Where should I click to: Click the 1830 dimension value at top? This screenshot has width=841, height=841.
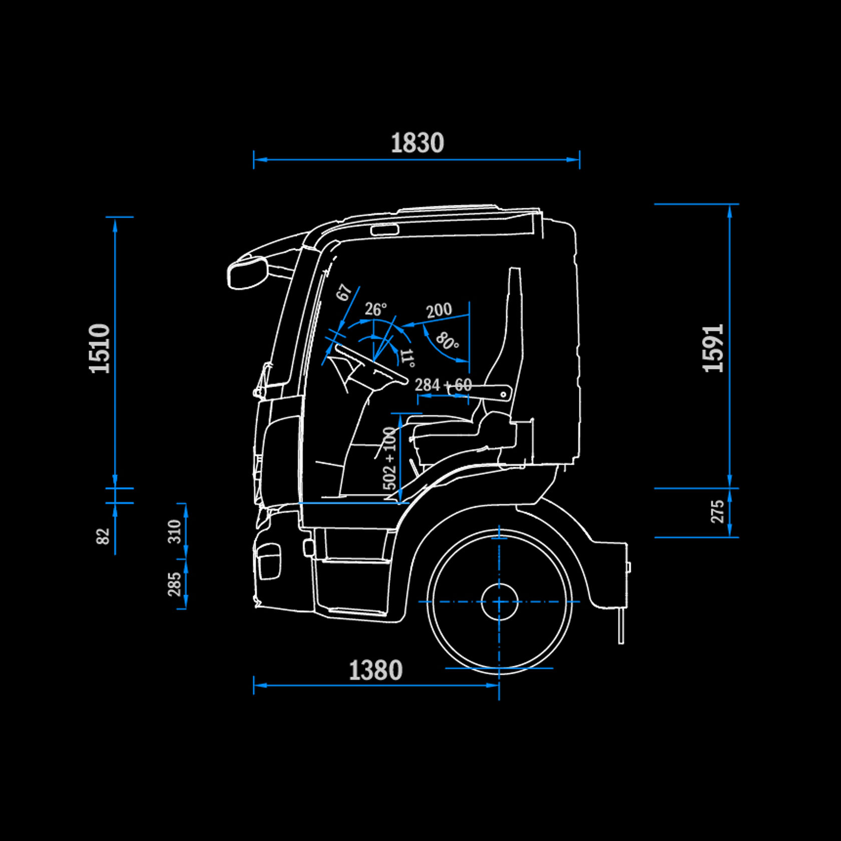[x=417, y=143]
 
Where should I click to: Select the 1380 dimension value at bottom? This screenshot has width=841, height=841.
[x=375, y=670]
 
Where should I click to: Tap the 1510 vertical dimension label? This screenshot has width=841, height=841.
[x=100, y=348]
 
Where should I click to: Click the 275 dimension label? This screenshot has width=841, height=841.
[x=718, y=512]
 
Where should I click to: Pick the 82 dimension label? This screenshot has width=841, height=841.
[x=103, y=536]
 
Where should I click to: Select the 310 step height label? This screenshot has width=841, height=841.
[x=174, y=531]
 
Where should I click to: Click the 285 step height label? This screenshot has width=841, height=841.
[x=174, y=584]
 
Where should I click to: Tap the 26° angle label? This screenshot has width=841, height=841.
[x=375, y=309]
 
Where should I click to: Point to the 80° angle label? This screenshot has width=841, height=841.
[x=447, y=341]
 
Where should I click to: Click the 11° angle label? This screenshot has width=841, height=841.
[x=408, y=358]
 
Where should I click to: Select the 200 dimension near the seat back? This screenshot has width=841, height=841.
[x=439, y=310]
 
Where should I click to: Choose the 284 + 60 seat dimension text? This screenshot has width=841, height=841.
[x=443, y=385]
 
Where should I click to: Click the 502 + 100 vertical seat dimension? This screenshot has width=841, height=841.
[x=389, y=458]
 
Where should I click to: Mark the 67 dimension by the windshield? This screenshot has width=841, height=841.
[x=344, y=292]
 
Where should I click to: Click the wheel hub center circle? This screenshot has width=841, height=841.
[x=499, y=602]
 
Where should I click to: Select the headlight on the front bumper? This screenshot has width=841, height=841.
[x=269, y=561]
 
